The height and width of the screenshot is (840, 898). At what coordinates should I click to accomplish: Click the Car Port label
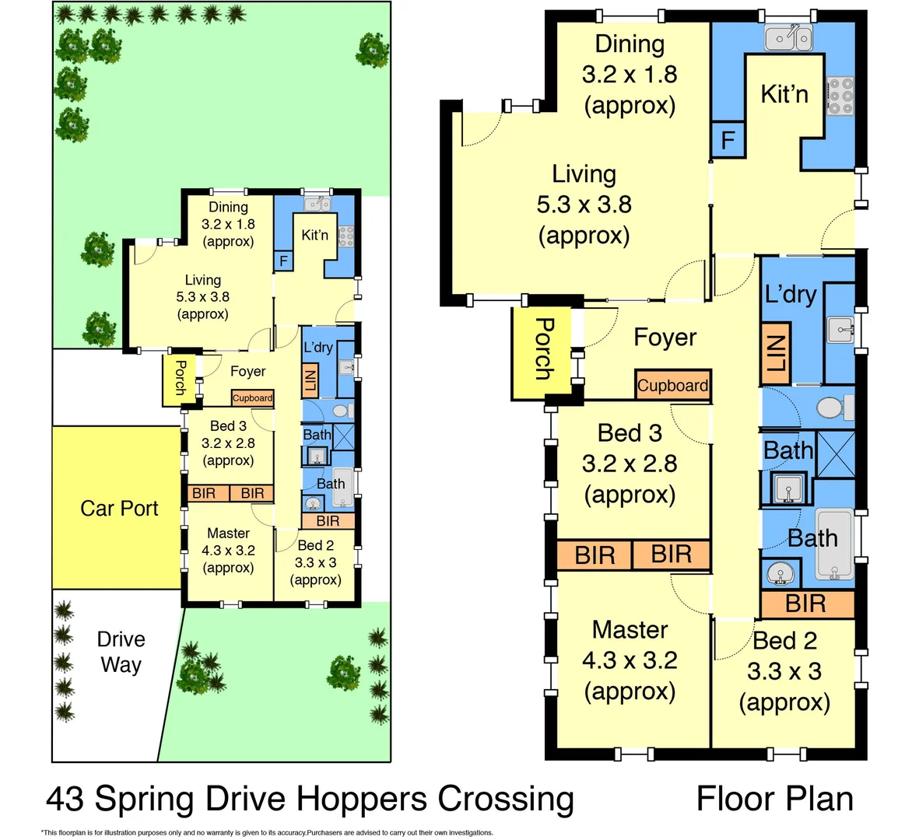point(119,509)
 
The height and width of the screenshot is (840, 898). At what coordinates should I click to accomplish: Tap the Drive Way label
point(121,652)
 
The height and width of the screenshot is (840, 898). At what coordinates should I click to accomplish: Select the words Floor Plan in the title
point(774,799)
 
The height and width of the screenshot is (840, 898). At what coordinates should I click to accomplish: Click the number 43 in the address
point(65,799)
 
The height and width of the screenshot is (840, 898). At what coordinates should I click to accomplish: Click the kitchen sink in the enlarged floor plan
point(788,37)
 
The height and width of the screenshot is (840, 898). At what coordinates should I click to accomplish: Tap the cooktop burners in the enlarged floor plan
point(840,96)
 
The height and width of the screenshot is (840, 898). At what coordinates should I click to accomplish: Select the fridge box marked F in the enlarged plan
point(728,140)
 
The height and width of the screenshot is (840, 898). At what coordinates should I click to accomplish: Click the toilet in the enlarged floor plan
point(833,407)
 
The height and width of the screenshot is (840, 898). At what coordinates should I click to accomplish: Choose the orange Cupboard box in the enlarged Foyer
point(672,385)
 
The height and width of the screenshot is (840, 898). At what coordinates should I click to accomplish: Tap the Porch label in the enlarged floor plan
point(542,348)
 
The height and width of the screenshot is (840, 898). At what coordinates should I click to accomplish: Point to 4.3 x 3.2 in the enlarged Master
point(630,660)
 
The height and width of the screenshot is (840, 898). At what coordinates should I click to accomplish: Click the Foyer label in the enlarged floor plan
point(665,338)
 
